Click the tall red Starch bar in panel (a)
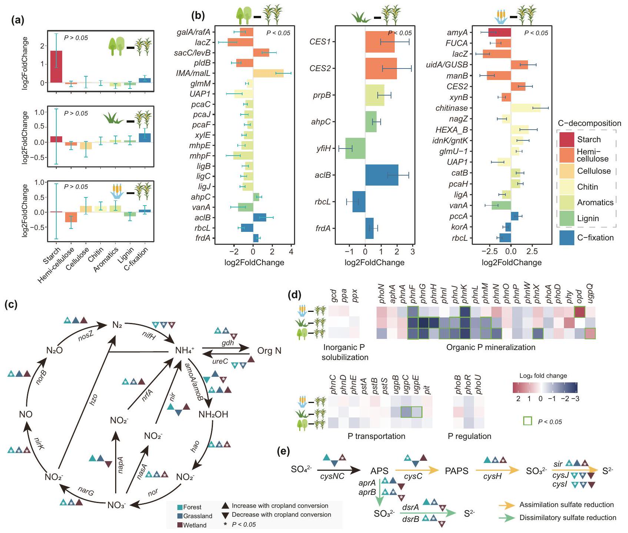pos(56,67)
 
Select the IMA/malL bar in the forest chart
pos(268,73)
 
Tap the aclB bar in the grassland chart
pos(382,175)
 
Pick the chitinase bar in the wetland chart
pos(525,108)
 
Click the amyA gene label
pos(457,33)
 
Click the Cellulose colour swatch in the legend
pos(567,171)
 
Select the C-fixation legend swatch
pos(567,238)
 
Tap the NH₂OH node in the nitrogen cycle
pos(213,414)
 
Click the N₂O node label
pos(54,350)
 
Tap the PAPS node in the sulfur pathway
pos(457,471)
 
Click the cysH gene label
pos(492,477)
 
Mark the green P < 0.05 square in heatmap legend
pos(527,421)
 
